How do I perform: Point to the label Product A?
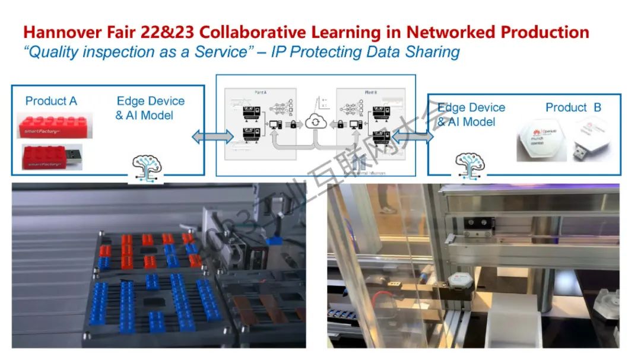[x=51, y=101]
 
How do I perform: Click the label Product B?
[x=573, y=107]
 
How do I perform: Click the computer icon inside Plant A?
[x=275, y=125]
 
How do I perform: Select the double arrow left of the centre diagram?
[x=212, y=137]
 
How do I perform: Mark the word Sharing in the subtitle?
[x=432, y=52]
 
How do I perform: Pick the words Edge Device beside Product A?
[x=150, y=101]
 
